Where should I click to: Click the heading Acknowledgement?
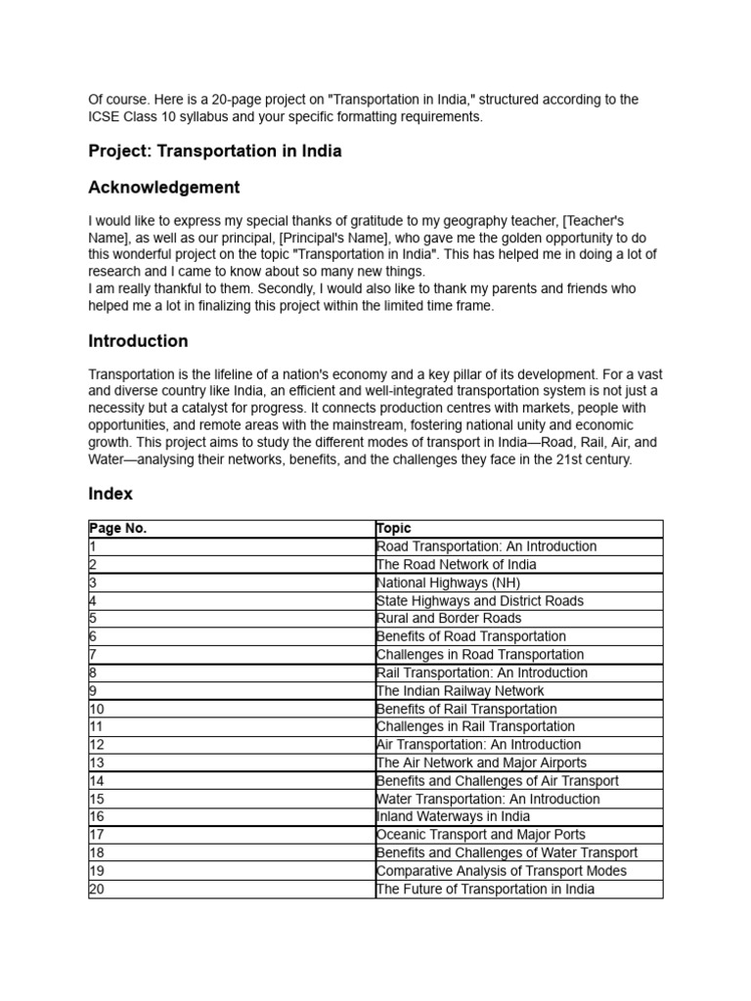coord(163,187)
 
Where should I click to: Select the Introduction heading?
coord(138,341)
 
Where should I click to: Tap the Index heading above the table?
coord(110,494)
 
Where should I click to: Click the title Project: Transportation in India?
coord(214,152)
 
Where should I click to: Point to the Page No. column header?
coord(117,529)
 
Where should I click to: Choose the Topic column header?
coord(394,529)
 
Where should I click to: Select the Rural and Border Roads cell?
coord(449,619)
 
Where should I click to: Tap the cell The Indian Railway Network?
coord(460,691)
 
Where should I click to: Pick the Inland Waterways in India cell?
coord(453,817)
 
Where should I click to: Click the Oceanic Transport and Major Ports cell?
coord(481,835)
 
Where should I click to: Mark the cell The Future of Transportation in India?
coord(485,890)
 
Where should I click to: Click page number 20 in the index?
coord(96,890)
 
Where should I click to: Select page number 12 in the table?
coord(96,745)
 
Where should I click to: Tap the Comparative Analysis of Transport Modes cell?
coord(502,871)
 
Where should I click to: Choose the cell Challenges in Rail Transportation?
coord(475,727)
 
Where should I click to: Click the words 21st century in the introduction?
coord(593,458)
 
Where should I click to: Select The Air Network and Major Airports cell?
coord(481,763)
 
